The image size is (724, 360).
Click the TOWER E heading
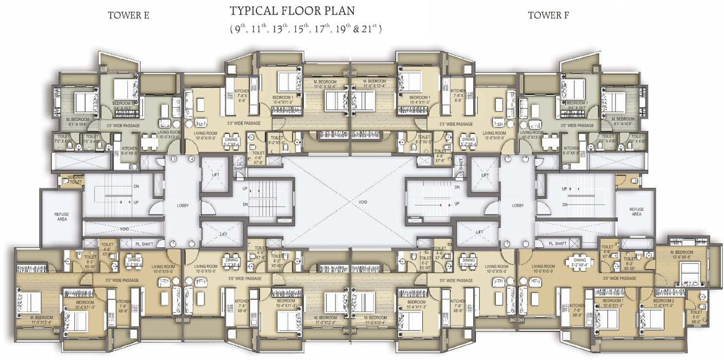coord(128,15)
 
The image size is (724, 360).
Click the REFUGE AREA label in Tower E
coord(61,216)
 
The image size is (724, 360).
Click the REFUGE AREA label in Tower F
coord(636,211)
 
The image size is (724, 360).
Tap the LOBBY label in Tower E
coord(183,206)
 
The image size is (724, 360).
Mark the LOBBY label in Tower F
coord(518,206)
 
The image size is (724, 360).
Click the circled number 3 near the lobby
coord(174,159)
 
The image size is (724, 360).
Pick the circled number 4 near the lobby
coord(192,159)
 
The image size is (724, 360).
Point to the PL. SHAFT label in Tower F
coord(558,244)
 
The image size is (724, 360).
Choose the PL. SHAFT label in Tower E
coord(144,245)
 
